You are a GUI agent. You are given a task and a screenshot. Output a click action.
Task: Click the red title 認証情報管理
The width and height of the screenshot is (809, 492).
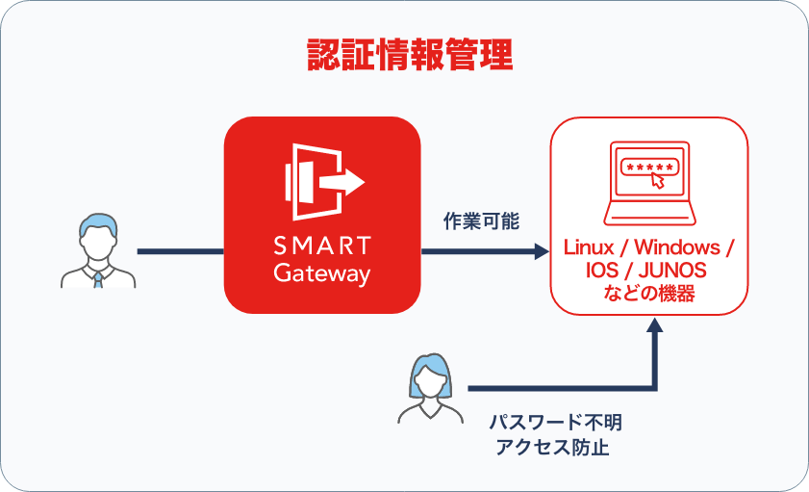tap(409, 54)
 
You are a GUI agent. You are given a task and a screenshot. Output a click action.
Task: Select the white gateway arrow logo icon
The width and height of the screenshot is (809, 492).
tap(323, 180)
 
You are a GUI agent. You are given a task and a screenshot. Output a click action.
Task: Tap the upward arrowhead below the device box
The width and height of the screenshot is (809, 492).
tap(654, 327)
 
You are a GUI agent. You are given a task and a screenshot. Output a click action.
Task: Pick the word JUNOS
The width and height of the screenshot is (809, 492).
tap(677, 272)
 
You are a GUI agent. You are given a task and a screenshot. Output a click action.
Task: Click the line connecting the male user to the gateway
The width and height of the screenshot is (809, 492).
tap(180, 252)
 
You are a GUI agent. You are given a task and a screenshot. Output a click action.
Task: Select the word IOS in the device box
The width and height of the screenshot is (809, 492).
tap(602, 272)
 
